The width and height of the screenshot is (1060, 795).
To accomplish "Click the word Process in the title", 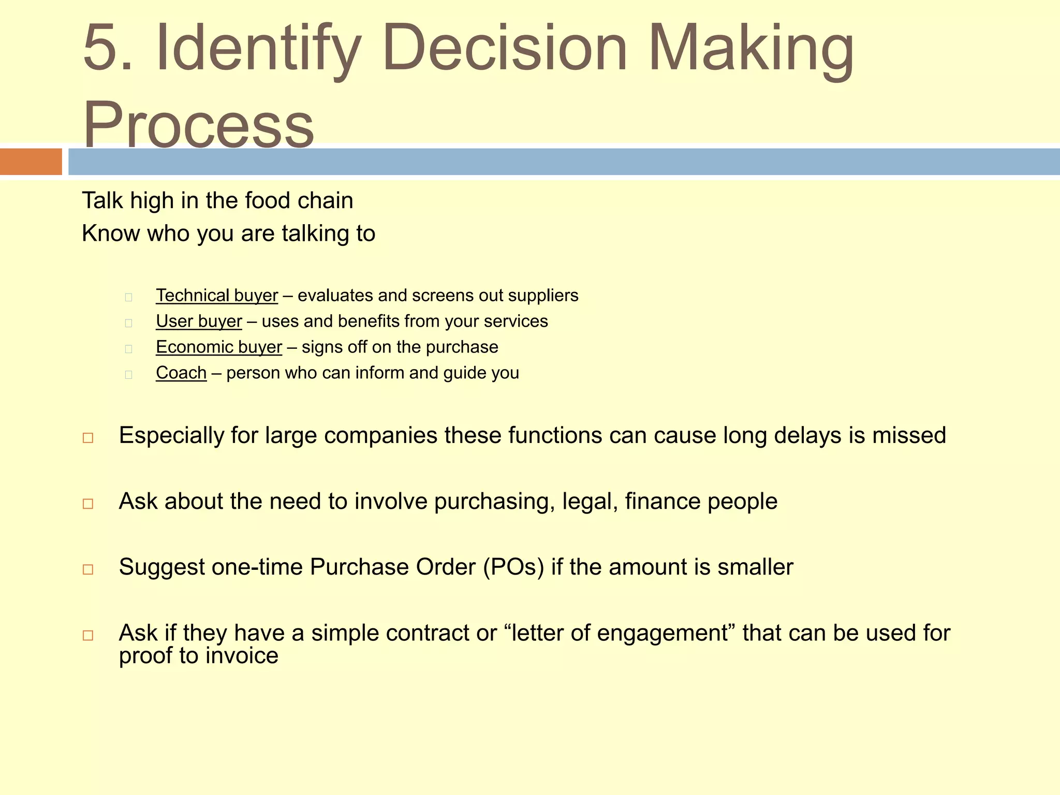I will [198, 124].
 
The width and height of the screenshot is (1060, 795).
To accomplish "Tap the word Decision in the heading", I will [505, 48].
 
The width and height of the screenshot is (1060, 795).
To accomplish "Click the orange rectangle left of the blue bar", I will [31, 161].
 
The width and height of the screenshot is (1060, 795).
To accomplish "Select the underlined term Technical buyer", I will [217, 296].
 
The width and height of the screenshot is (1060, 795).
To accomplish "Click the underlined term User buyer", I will [199, 321].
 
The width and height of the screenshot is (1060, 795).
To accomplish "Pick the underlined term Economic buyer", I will [219, 347].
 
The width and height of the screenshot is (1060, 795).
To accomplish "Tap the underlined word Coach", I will [181, 373].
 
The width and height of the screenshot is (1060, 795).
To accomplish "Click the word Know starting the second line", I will [111, 233].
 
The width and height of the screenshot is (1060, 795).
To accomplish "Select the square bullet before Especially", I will [88, 438].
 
